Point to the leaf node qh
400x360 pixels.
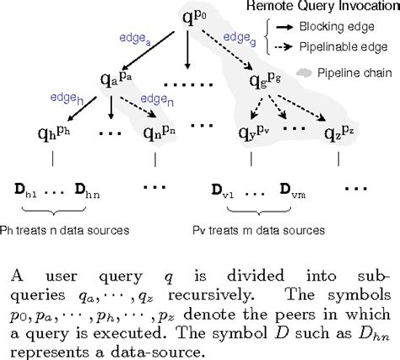[51, 136]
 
